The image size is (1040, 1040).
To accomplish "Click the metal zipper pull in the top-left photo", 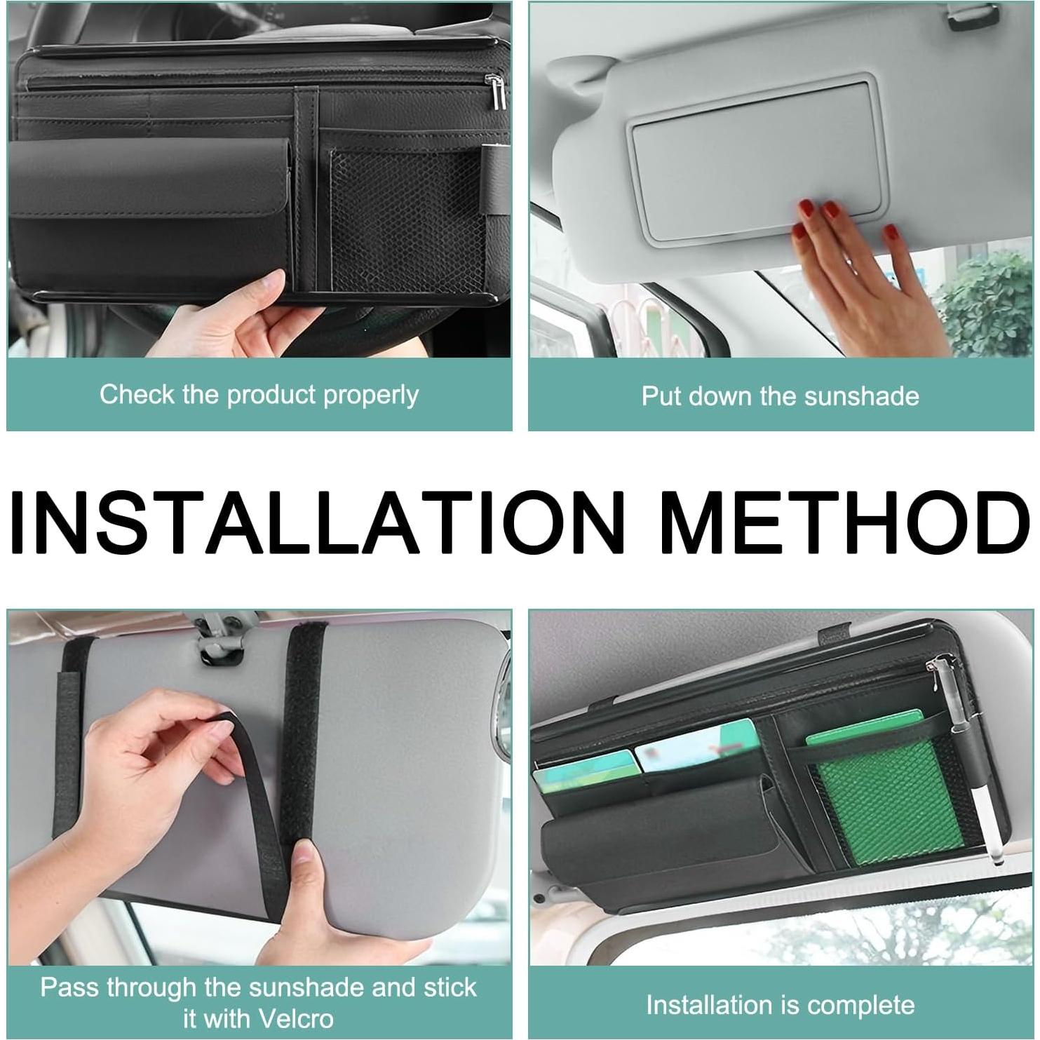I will click(x=499, y=93).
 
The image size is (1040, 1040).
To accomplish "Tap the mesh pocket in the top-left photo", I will click(x=405, y=221).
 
